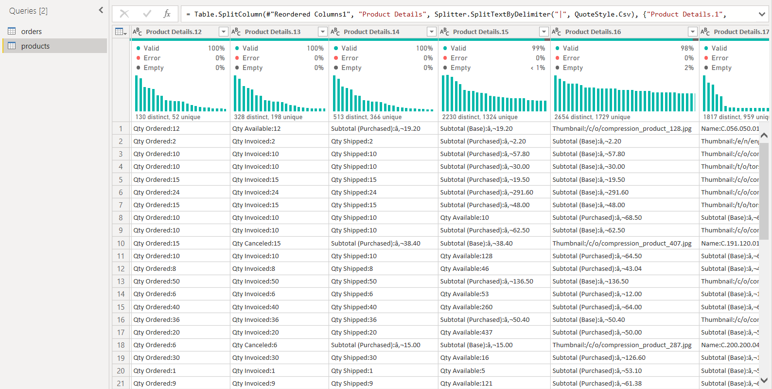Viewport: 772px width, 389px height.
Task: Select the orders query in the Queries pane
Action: tap(31, 32)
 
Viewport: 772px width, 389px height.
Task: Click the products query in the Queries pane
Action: tap(35, 46)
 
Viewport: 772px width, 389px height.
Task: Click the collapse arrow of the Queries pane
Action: tap(101, 10)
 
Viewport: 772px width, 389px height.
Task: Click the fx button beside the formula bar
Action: tap(167, 14)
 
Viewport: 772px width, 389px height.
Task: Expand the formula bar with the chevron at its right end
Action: tap(762, 14)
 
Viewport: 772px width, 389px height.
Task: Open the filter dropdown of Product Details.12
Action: tap(224, 32)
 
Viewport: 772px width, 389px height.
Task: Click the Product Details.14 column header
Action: tap(371, 32)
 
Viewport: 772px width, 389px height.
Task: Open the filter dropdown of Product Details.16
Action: tap(693, 32)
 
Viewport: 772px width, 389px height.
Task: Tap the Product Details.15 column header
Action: tap(480, 32)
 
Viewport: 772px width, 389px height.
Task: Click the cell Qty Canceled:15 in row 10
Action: tap(256, 243)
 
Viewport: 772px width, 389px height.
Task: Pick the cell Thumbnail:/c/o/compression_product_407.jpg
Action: tap(622, 243)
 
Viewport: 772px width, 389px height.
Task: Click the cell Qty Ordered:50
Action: tap(157, 282)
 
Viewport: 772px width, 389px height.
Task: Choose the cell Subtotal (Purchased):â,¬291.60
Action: tap(487, 193)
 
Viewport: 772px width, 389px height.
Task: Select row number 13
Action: tap(121, 282)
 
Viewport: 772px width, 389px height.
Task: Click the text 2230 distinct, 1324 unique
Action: tap(480, 117)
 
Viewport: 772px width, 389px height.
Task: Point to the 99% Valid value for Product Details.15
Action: tap(538, 48)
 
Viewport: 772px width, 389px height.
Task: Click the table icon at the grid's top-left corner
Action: tap(121, 32)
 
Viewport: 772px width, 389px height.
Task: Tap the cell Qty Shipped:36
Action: tap(354, 320)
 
